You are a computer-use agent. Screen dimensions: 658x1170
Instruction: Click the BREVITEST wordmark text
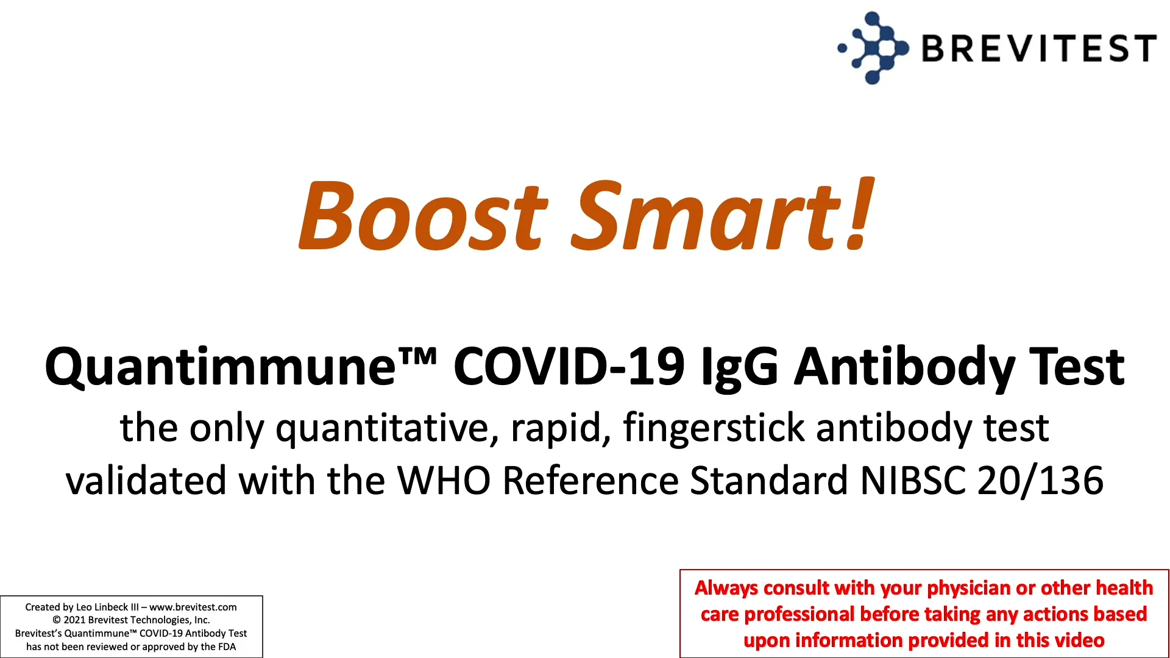1038,48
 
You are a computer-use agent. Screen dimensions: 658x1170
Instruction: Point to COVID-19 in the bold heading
569,367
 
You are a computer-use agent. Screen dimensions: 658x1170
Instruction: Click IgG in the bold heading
739,367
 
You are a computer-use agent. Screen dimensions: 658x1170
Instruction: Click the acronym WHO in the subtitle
444,481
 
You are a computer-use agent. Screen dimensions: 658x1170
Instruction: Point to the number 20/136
1040,481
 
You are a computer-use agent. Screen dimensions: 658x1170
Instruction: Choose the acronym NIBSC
912,481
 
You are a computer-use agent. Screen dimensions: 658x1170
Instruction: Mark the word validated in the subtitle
146,481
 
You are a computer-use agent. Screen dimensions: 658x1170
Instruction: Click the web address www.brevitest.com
193,607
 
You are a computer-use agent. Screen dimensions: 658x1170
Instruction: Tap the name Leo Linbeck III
107,607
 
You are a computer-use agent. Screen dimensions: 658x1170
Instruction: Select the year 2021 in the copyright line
74,620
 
